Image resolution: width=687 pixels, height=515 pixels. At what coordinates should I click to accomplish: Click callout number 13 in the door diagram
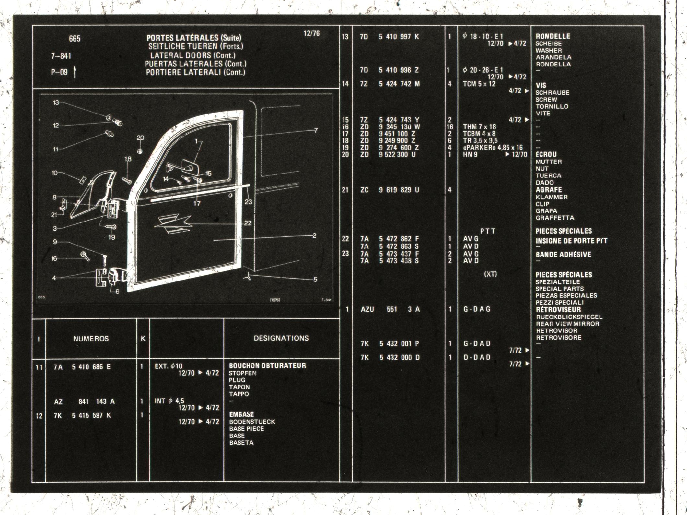[56, 102]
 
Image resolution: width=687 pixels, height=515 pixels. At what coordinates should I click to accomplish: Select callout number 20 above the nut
[140, 138]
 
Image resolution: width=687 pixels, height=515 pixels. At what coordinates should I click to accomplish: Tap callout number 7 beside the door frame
[316, 130]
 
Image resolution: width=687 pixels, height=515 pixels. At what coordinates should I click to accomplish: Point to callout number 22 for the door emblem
[248, 223]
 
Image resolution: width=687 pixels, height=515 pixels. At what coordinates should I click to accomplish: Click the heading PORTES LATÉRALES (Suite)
[194, 38]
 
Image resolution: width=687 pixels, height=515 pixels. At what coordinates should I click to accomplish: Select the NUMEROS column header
[91, 339]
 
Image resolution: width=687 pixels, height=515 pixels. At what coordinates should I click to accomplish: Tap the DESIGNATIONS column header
[281, 338]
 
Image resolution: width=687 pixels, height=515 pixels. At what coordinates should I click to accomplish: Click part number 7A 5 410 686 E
[82, 367]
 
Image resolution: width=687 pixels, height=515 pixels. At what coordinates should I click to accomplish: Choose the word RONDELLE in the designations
[553, 36]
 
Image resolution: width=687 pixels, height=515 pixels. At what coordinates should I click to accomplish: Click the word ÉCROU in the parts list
[546, 154]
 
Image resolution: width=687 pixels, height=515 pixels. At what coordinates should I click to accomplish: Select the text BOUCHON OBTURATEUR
[267, 365]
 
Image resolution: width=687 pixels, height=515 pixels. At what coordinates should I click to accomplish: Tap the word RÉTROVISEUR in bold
[558, 309]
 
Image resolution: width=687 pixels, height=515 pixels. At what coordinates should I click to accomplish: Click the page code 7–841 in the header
[61, 56]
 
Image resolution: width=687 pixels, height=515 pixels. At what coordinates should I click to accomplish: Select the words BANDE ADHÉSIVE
[563, 255]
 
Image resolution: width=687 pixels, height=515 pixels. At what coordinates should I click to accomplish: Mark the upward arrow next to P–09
[75, 72]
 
